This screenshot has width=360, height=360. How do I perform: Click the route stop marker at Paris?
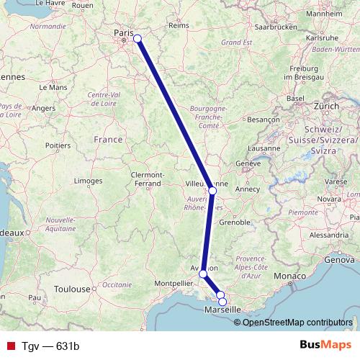tap(137, 39)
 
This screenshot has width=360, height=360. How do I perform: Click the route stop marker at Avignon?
tap(204, 274)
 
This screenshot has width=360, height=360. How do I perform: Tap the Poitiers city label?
tap(58, 145)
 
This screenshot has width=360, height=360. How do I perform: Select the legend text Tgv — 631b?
tap(50, 346)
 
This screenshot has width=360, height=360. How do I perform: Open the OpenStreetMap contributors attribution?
tap(298, 322)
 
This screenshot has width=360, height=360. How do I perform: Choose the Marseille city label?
tap(224, 310)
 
